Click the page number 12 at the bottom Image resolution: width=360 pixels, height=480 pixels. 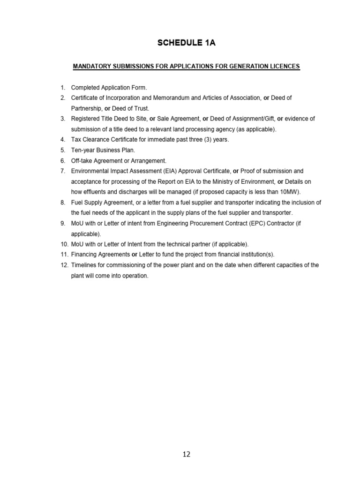click(x=187, y=454)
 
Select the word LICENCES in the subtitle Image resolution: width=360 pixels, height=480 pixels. click(x=282, y=67)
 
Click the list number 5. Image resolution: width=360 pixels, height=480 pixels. click(x=62, y=150)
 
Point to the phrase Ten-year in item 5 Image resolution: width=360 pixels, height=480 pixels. click(x=82, y=150)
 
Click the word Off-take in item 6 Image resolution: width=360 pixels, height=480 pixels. click(x=82, y=160)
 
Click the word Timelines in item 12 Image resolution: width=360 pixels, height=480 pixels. click(x=83, y=265)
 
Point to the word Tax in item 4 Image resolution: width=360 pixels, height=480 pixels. click(x=75, y=140)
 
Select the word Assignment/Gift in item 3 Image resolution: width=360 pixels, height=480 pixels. click(x=253, y=119)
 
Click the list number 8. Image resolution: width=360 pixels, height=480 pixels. click(x=62, y=202)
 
